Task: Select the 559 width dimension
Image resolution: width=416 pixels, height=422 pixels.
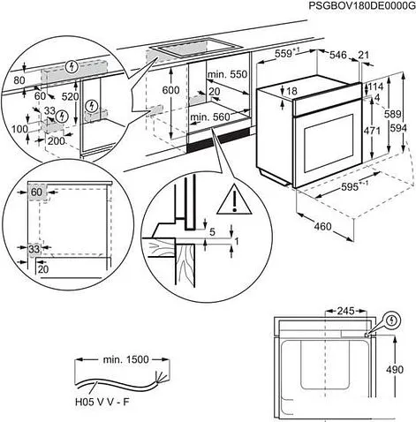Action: [282, 55]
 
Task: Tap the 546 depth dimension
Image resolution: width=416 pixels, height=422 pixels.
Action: [338, 55]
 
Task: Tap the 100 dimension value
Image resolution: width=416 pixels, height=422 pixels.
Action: [20, 130]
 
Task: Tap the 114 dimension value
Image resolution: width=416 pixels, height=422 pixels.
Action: [376, 87]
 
